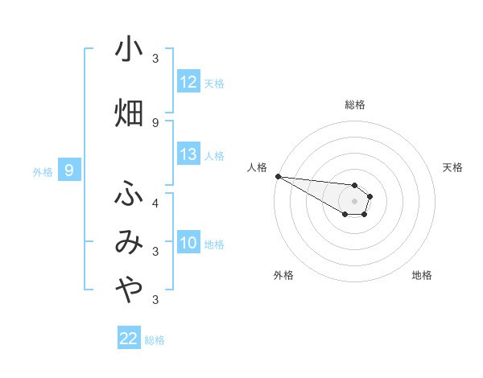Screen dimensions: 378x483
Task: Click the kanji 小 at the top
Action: (x=129, y=50)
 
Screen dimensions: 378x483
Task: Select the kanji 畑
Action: (x=129, y=113)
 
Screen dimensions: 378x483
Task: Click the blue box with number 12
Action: (x=188, y=82)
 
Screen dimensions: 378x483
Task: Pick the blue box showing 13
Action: (x=188, y=154)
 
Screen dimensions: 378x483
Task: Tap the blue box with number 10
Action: (x=188, y=243)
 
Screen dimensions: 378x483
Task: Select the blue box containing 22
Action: (x=129, y=339)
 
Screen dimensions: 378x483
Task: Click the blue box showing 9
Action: (x=70, y=171)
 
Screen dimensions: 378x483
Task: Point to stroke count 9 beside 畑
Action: (x=155, y=122)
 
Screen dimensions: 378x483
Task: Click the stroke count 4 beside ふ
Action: (x=155, y=202)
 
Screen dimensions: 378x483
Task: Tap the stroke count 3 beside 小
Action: (x=155, y=59)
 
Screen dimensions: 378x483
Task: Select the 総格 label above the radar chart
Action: (x=354, y=105)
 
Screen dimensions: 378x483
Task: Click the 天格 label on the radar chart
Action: (x=452, y=167)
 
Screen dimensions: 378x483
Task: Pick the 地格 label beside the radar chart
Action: (x=422, y=275)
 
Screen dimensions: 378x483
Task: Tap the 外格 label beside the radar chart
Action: (x=283, y=275)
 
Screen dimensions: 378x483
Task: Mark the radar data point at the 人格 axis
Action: (x=277, y=176)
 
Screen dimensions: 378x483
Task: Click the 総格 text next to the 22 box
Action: (x=155, y=340)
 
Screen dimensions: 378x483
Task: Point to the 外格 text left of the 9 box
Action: (x=42, y=171)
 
